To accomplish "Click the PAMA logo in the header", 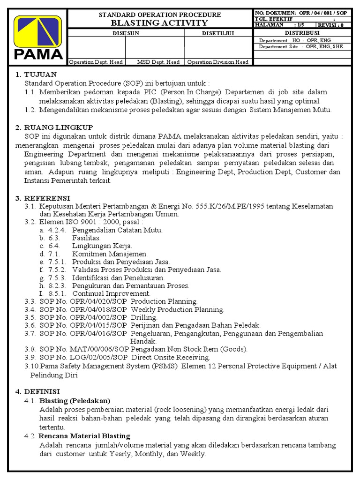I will click(x=38, y=37).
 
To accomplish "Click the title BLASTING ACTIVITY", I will click(x=159, y=22).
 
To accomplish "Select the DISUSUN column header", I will click(x=126, y=33).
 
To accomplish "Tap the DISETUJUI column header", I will click(x=218, y=33).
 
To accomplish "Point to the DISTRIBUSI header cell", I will click(x=302, y=33).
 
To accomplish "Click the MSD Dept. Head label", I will click(x=158, y=62).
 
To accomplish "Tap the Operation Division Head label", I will click(x=218, y=62).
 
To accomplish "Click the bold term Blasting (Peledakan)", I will click(x=75, y=401).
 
